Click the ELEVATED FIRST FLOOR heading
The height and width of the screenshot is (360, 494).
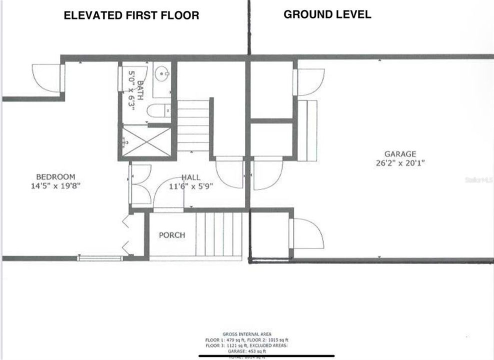(x=131, y=15)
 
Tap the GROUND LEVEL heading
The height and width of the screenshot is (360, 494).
(x=327, y=14)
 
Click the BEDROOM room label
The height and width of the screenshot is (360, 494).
(x=55, y=176)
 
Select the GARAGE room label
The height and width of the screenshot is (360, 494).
(x=399, y=154)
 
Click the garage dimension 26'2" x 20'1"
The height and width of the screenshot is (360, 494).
(x=399, y=163)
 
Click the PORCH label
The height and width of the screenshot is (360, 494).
(x=172, y=235)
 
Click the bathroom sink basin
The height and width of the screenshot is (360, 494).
(x=162, y=75)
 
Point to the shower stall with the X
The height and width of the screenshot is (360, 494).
(x=146, y=141)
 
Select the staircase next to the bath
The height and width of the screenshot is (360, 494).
(x=193, y=125)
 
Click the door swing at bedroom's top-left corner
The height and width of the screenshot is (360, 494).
(x=47, y=77)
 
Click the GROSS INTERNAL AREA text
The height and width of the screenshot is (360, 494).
(x=246, y=333)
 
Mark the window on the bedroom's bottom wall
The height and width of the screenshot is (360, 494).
(x=100, y=258)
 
